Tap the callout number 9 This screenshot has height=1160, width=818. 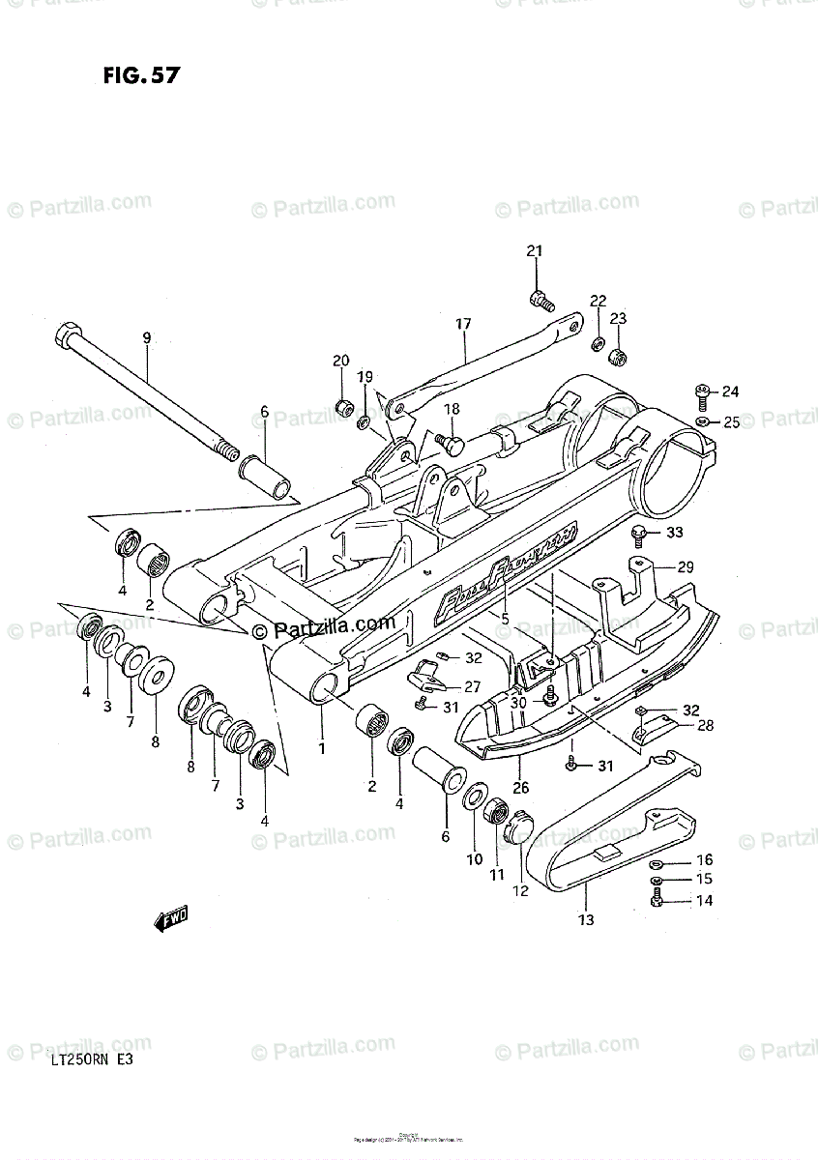pos(147,337)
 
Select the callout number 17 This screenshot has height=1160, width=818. pos(463,324)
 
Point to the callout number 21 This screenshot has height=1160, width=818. pos(535,252)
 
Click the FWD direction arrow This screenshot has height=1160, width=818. pos(171,919)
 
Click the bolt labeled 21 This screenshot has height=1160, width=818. pos(540,299)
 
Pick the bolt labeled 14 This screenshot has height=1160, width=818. pos(657,900)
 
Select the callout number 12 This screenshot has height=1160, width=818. pos(521,891)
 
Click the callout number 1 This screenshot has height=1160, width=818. pos(321,747)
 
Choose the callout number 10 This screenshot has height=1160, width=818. pos(474,859)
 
